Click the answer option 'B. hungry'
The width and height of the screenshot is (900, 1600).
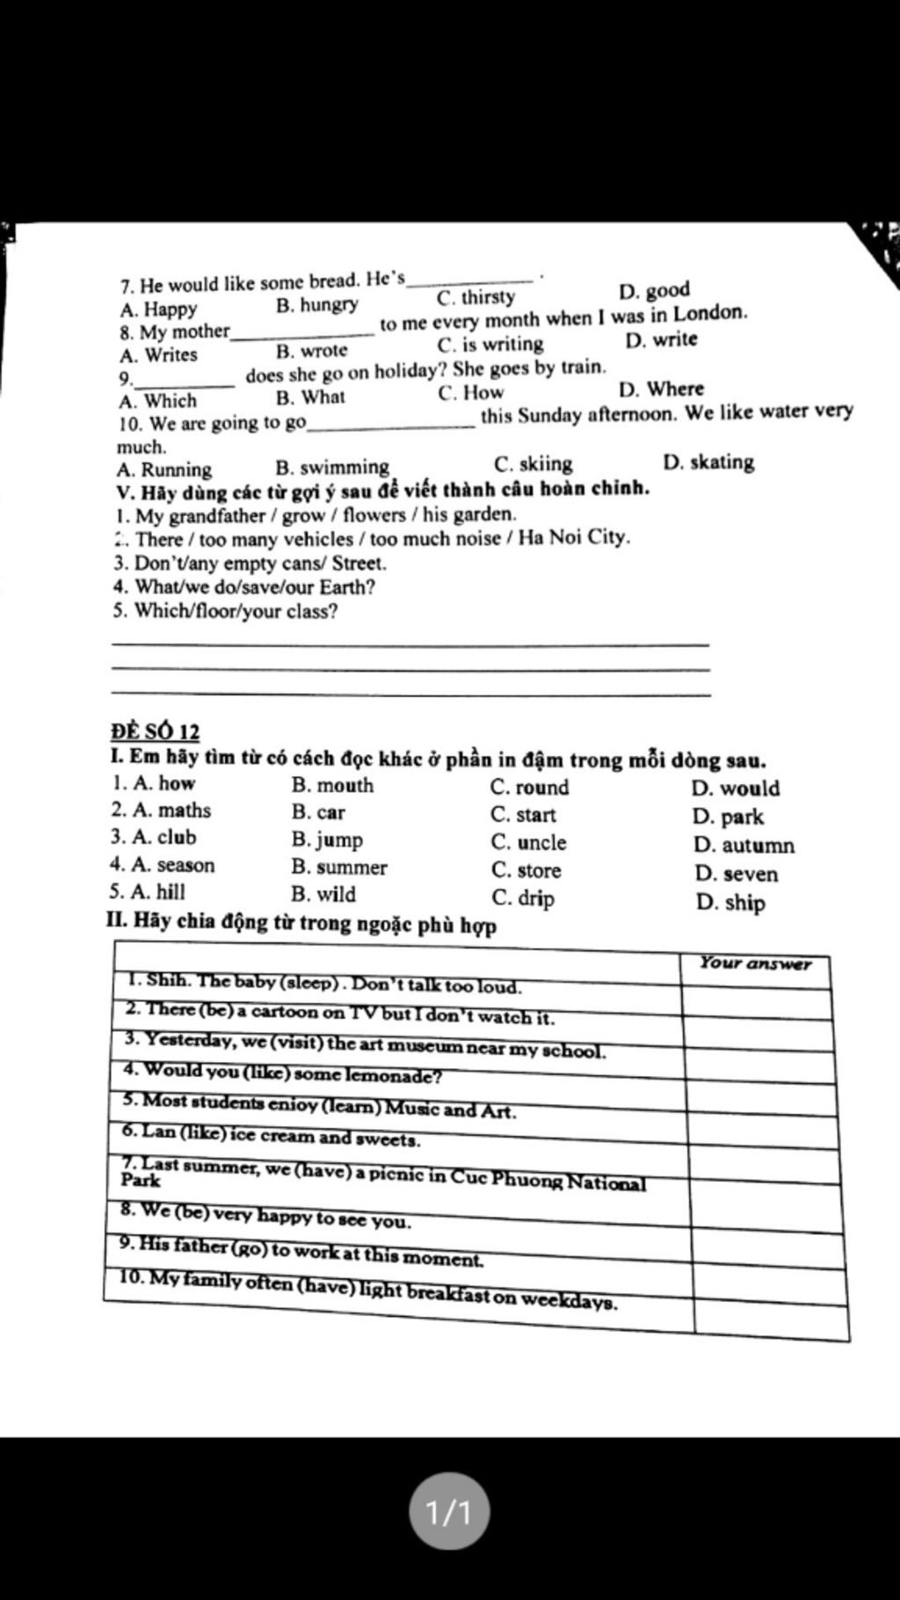tap(316, 305)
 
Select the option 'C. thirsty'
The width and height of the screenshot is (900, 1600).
tap(475, 297)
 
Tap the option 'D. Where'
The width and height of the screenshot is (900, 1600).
tap(661, 389)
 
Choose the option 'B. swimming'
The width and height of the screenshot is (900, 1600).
tap(331, 467)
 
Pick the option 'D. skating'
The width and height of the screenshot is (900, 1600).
tap(708, 462)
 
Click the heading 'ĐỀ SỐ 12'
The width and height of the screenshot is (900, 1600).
tap(156, 731)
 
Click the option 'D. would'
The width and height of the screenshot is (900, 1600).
tap(735, 789)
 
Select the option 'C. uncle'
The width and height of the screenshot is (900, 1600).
tap(528, 842)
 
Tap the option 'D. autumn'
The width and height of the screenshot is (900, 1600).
tap(744, 846)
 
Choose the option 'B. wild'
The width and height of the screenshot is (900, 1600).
tap(323, 895)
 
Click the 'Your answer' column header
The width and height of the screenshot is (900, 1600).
tap(755, 964)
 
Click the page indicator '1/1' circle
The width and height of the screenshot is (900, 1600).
tap(449, 1513)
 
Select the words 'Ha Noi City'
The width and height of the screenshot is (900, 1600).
tap(574, 537)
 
